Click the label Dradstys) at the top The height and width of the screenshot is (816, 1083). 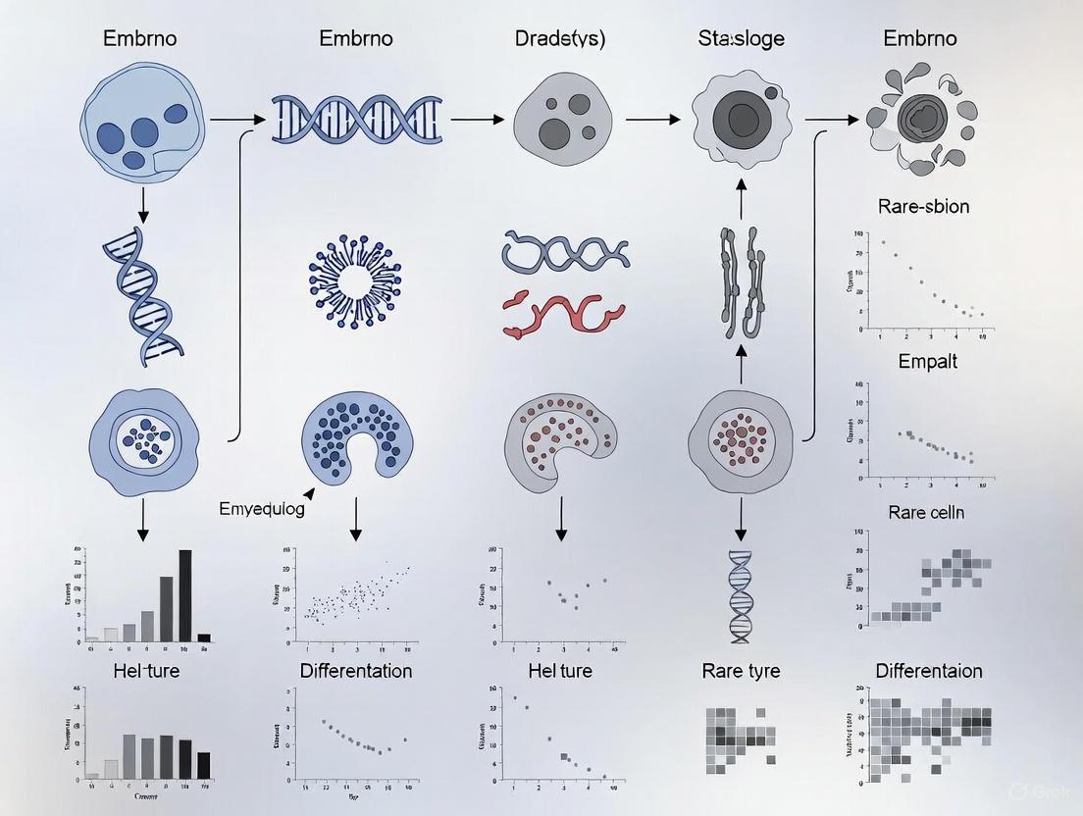coord(560,39)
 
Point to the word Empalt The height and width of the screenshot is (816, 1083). coord(927,361)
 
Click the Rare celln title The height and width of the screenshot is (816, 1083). coord(925,512)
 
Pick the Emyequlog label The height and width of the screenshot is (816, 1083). coord(261,509)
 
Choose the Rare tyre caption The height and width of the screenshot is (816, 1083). coord(741,672)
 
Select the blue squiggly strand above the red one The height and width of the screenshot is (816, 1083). coord(566,253)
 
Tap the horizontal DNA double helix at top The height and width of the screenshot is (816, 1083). coord(356,120)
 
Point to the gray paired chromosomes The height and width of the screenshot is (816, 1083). coord(741,279)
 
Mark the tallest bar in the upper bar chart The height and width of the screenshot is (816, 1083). coord(184,594)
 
